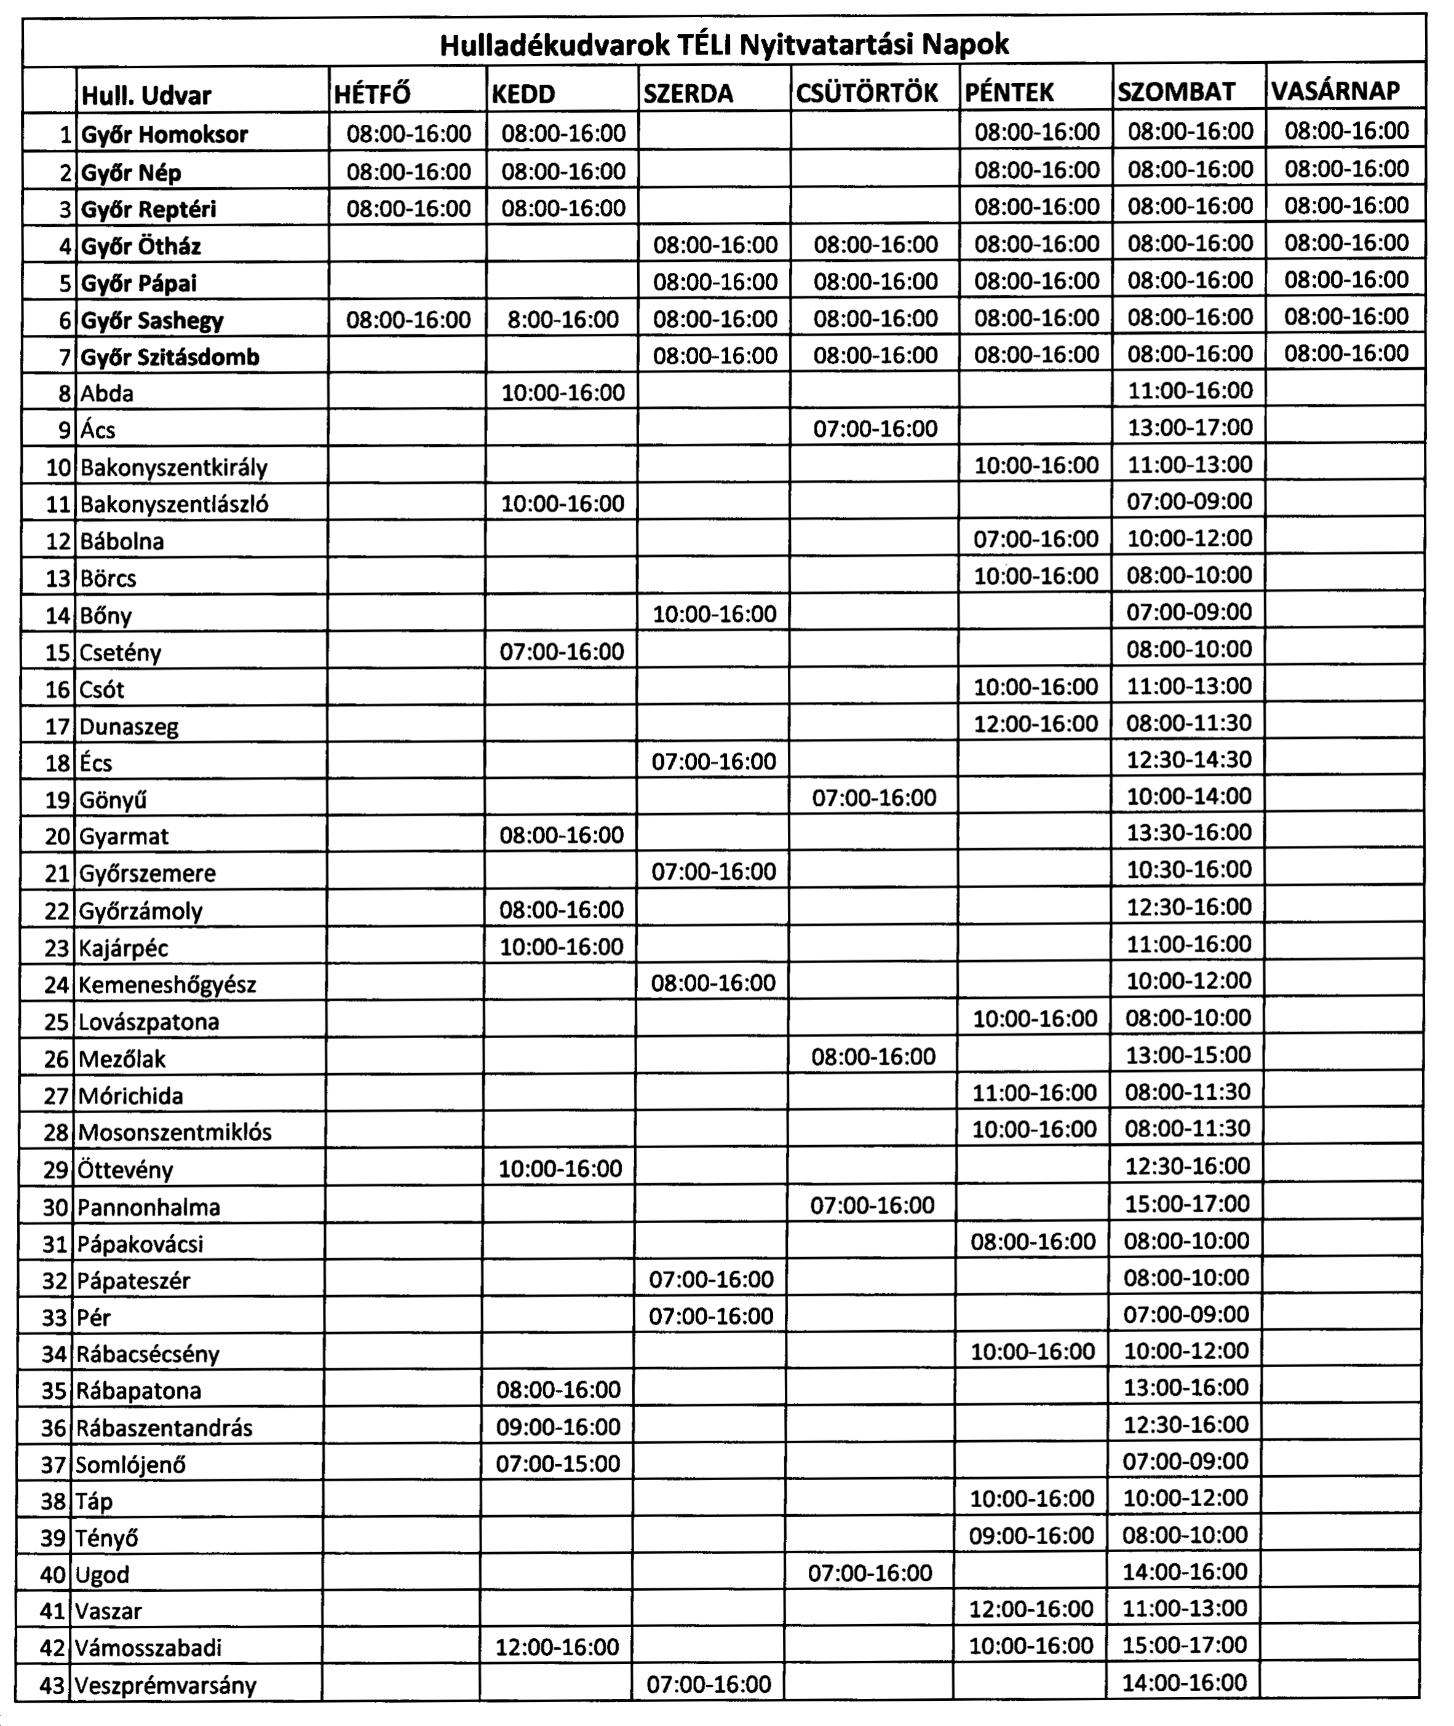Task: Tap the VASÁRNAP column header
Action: click(1335, 90)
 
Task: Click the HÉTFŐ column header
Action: click(373, 95)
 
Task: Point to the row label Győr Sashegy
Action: click(153, 320)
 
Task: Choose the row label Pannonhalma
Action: click(149, 1208)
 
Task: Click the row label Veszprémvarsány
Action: click(165, 1685)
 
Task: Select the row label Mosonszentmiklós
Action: click(175, 1132)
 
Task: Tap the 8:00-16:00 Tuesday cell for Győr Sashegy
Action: click(563, 319)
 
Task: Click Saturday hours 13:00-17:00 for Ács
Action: click(1190, 428)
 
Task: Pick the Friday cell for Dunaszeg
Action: click(1036, 723)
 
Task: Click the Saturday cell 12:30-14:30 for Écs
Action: click(1188, 760)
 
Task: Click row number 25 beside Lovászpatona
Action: click(56, 1022)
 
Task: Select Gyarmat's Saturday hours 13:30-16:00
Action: click(1188, 832)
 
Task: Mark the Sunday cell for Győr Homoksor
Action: click(1346, 130)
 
